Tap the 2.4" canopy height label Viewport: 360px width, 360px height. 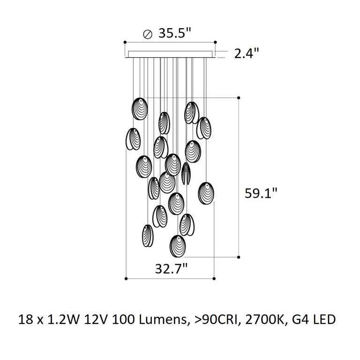tap(247, 53)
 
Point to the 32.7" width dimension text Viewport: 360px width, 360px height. tap(171, 269)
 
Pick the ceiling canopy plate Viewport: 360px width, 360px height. tap(171, 55)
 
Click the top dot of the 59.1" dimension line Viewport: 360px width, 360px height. tap(239, 97)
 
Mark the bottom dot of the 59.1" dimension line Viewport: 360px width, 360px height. tap(239, 257)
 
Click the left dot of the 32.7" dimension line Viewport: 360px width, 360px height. tap(127, 279)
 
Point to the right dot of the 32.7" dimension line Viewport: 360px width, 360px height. tap(214, 279)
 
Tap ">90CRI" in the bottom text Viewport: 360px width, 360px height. tap(210, 321)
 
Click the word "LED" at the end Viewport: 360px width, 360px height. tap(324, 321)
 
